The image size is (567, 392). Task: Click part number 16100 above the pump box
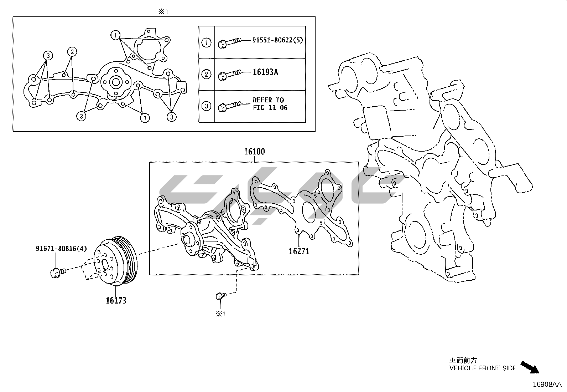tap(254, 152)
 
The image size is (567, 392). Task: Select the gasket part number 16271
tap(299, 251)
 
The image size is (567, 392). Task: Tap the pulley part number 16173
tap(116, 300)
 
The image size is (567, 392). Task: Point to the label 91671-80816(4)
tap(61, 249)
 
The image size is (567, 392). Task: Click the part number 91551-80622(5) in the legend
tap(277, 40)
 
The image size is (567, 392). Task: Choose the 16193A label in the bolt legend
tap(265, 72)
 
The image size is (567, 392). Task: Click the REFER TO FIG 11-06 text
tap(270, 104)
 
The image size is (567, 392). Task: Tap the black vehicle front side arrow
tap(530, 367)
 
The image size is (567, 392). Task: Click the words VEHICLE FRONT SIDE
tap(483, 368)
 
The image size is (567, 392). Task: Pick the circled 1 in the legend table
tap(207, 43)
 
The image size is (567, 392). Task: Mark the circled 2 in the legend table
tap(207, 75)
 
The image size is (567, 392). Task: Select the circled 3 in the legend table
tap(207, 106)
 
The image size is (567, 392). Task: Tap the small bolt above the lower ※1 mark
tap(220, 296)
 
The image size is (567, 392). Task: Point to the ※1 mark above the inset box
tap(163, 12)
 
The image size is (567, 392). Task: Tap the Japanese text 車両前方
tap(463, 361)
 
